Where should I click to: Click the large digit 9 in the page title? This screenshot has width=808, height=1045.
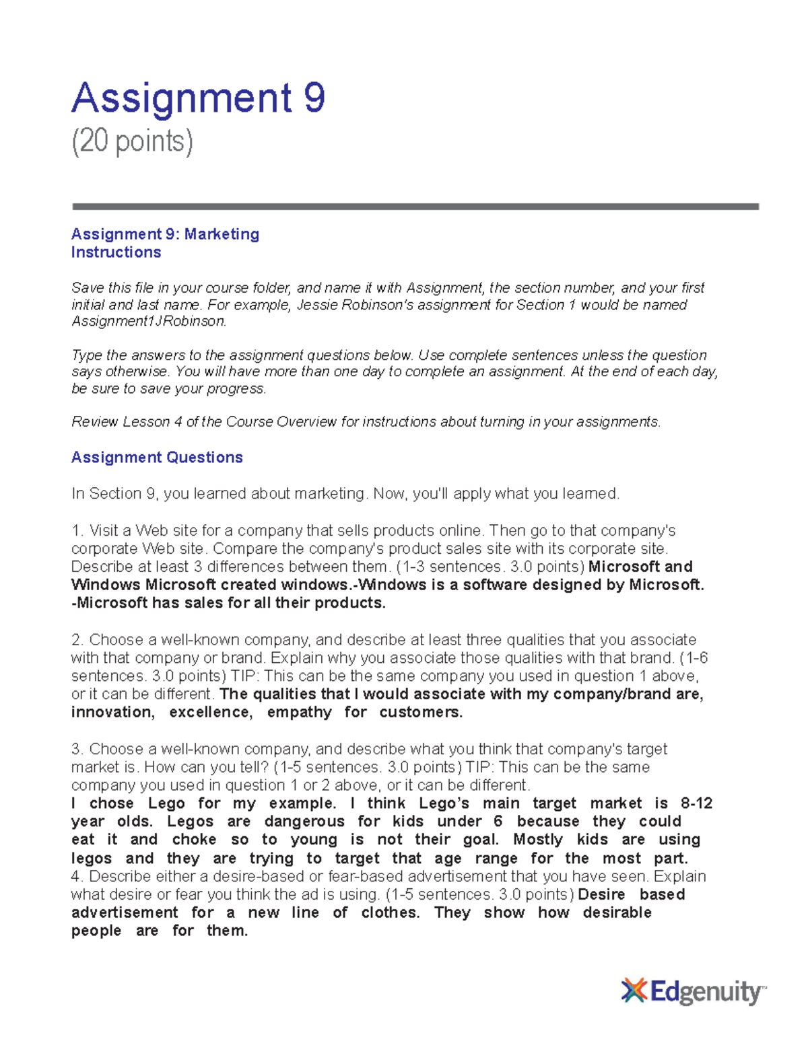tap(314, 98)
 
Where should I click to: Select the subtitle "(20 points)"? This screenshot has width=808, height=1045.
tap(132, 142)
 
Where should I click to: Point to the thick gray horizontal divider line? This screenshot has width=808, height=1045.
tap(415, 207)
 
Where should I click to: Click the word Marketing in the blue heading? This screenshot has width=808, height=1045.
tap(222, 234)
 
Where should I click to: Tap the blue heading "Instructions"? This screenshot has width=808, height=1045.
tap(116, 252)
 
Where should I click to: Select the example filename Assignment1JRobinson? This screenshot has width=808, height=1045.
tap(147, 322)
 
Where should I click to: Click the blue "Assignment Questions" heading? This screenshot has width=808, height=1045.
tap(157, 458)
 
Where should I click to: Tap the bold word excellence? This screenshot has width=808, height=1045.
tap(211, 713)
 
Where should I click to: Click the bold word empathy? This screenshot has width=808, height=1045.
tap(299, 713)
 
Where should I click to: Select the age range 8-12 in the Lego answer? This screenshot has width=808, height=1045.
tap(696, 803)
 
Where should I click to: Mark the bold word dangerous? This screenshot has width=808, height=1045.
tap(304, 822)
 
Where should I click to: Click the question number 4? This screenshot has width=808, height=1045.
tap(75, 877)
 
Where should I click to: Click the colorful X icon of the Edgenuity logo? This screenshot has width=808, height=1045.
tap(634, 991)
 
